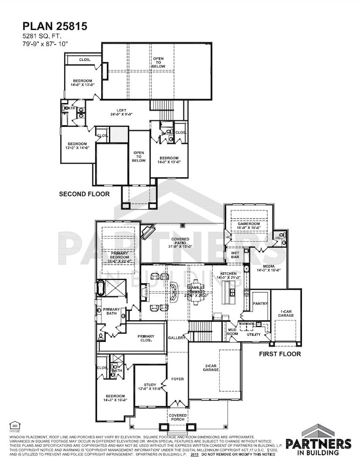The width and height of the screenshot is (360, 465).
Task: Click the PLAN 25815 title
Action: pyautogui.click(x=48, y=25)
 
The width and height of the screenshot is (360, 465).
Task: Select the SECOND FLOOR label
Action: pyautogui.click(x=84, y=194)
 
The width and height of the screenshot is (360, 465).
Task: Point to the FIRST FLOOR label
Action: pyautogui.click(x=280, y=354)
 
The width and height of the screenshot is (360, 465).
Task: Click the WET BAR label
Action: pyautogui.click(x=235, y=256)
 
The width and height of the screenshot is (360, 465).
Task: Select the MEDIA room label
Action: pyautogui.click(x=268, y=267)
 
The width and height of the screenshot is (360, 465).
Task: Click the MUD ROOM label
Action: pyautogui.click(x=233, y=331)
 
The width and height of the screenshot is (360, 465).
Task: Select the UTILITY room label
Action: pyautogui.click(x=253, y=334)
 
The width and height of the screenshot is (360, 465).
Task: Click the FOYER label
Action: pyautogui.click(x=177, y=379)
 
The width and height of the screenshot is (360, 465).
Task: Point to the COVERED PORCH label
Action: pyautogui.click(x=177, y=416)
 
